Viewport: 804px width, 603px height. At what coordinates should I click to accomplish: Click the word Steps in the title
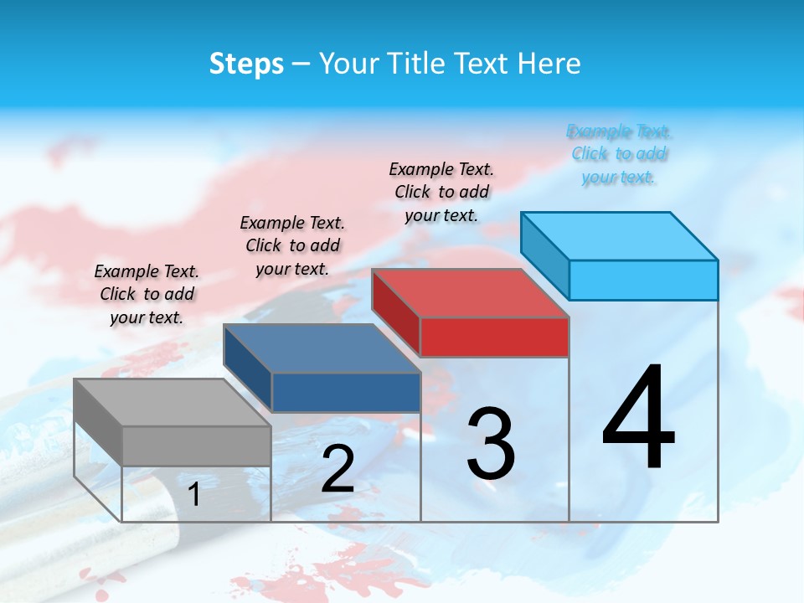(246, 64)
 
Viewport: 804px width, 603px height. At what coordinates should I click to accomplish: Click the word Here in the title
(550, 64)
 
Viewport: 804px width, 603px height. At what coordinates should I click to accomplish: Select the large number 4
(638, 419)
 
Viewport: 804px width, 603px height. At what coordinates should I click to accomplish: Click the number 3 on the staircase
(490, 444)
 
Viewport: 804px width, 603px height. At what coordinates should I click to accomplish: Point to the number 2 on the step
(338, 469)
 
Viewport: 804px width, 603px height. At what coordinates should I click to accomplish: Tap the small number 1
(194, 495)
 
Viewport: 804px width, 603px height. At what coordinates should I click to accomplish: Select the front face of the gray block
(196, 446)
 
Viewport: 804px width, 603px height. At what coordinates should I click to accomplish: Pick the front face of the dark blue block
(346, 392)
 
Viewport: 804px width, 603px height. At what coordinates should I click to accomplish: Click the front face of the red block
(494, 337)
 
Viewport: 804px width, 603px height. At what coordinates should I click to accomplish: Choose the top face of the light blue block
(619, 235)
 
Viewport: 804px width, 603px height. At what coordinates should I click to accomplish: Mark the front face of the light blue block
(643, 280)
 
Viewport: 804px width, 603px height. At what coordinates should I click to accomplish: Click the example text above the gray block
(147, 294)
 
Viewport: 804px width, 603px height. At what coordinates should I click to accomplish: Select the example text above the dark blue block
(292, 245)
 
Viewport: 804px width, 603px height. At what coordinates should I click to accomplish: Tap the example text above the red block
(441, 192)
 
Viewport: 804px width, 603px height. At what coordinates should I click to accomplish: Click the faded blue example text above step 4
(619, 154)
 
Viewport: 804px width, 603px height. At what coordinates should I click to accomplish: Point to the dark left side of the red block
(396, 312)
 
